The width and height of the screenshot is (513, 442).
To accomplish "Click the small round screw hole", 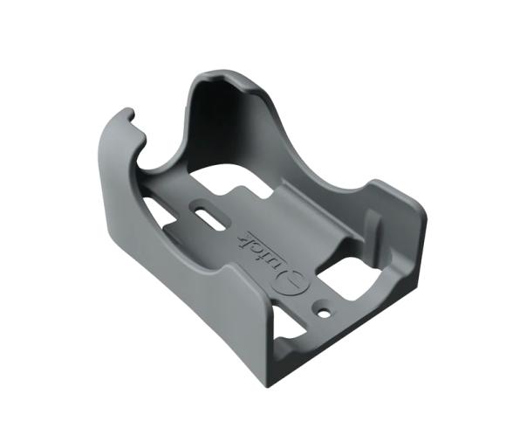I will coord(325,310).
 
